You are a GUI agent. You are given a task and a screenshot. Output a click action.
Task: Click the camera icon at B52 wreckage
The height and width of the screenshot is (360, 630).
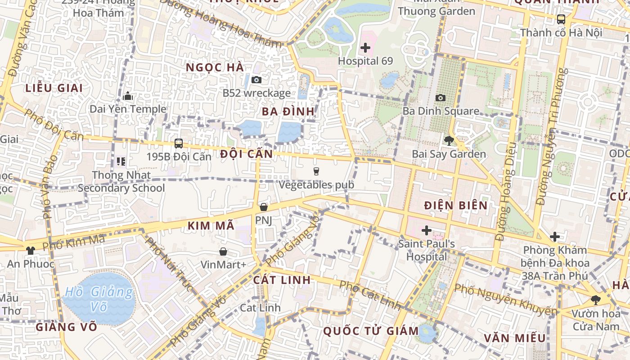(256, 80)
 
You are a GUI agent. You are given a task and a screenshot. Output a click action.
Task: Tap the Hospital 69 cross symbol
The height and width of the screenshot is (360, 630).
(365, 47)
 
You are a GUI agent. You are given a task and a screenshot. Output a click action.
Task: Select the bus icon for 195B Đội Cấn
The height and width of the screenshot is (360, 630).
(179, 144)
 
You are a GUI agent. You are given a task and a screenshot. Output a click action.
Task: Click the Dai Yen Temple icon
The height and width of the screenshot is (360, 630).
(128, 96)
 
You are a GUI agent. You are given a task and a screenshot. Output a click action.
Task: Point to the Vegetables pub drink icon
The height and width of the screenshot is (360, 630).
(316, 171)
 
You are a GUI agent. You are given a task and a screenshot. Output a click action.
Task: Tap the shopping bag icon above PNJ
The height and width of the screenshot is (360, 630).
(264, 207)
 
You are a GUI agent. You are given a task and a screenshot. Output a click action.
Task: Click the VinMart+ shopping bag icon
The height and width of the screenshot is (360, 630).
(223, 251)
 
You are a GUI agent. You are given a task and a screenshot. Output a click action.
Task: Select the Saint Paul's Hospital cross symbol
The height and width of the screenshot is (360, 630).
(426, 231)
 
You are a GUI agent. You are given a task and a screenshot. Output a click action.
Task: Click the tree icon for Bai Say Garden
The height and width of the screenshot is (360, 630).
(449, 141)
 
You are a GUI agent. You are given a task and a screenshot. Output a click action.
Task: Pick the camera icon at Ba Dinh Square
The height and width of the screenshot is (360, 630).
(441, 98)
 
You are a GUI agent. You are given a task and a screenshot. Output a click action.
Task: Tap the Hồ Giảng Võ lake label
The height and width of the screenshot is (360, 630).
(99, 300)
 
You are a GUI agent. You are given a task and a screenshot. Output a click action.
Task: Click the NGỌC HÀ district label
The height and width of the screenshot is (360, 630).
(215, 67)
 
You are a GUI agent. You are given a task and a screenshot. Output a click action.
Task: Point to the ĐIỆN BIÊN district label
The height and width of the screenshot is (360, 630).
(456, 206)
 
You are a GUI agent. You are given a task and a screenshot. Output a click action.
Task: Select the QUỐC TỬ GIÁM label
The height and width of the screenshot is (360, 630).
(371, 331)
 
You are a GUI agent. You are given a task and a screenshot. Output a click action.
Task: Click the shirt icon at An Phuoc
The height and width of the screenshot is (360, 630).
(31, 251)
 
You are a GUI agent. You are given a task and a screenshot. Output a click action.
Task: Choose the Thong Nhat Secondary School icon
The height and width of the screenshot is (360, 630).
(121, 161)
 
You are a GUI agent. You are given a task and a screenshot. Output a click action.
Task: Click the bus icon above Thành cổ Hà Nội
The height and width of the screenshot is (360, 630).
(561, 19)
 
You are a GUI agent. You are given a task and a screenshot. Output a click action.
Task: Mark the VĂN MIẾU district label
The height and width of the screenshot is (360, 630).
(515, 338)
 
